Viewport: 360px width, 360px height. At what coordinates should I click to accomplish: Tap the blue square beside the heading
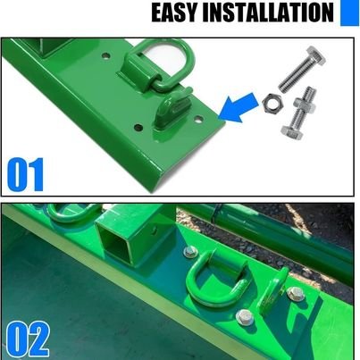pyautogui.click(x=347, y=13)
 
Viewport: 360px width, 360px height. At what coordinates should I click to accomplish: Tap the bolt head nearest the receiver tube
pyautogui.click(x=190, y=252)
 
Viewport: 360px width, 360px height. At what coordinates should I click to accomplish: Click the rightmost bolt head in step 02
pyautogui.click(x=297, y=292)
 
